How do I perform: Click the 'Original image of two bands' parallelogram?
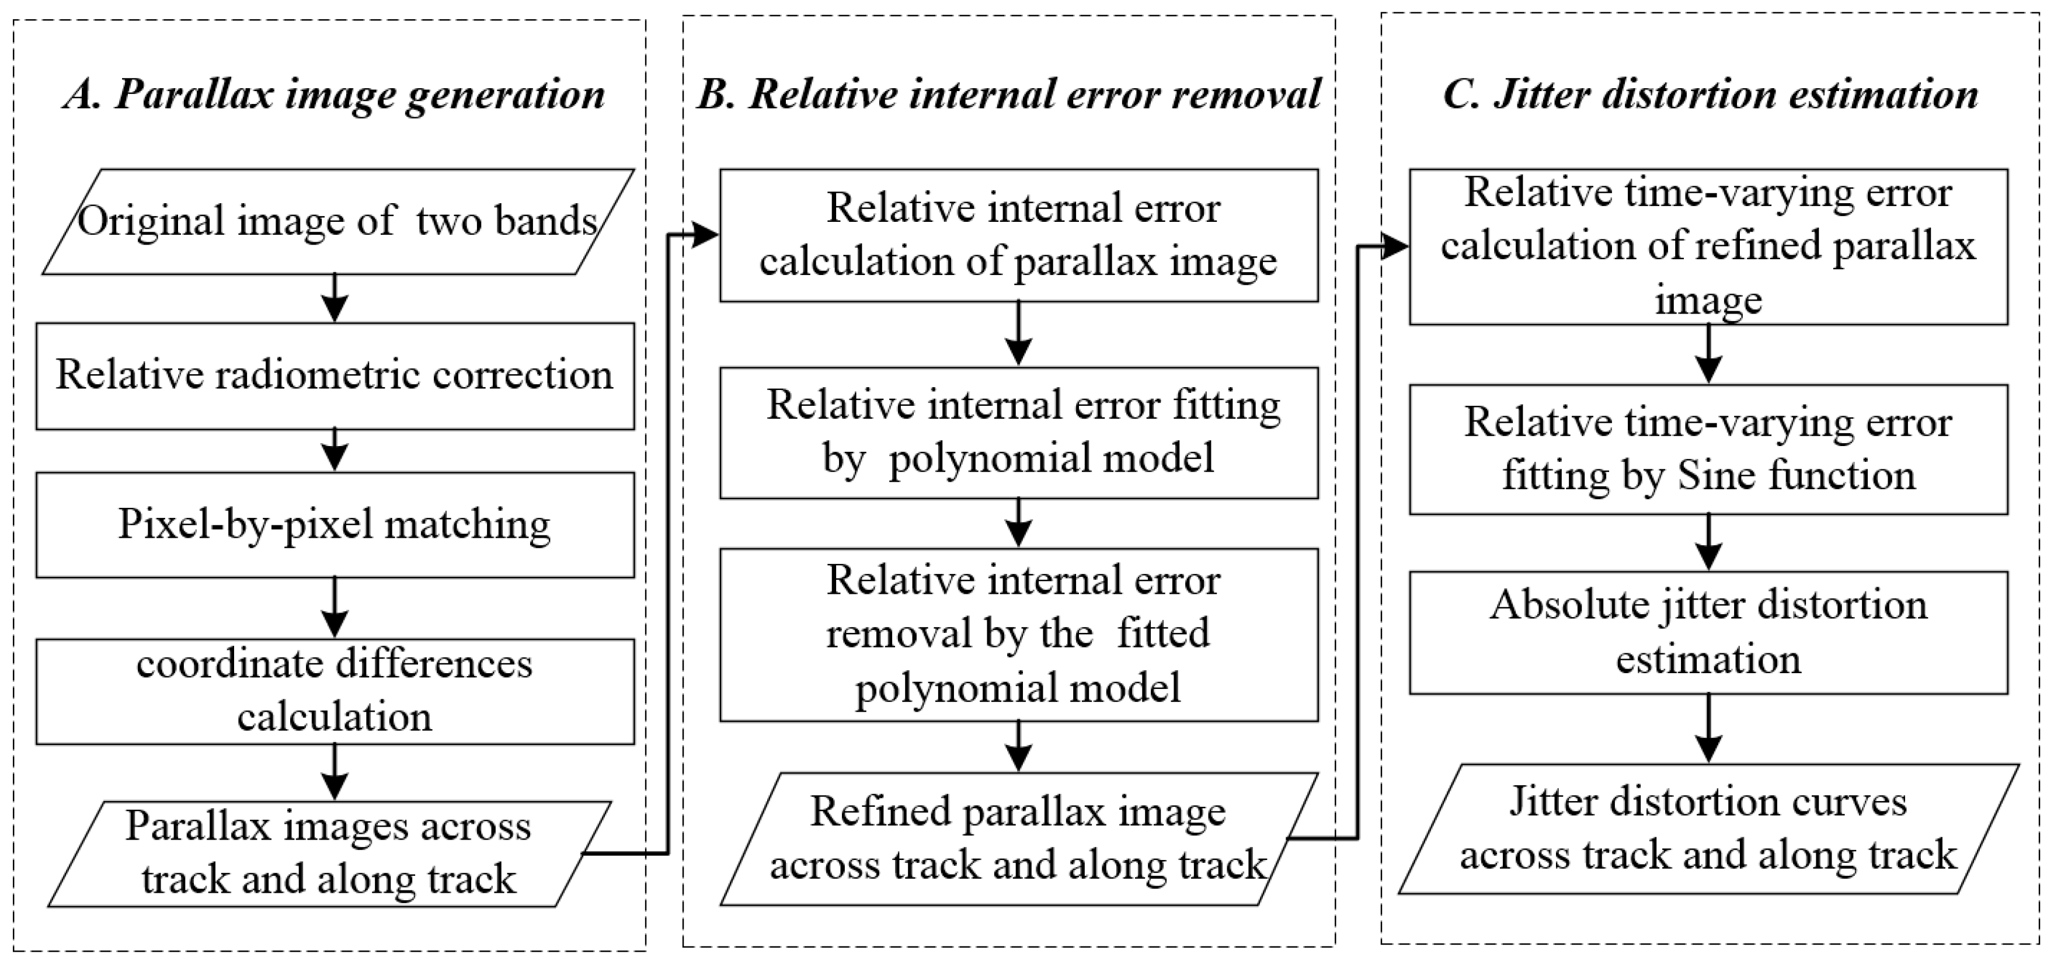click(337, 222)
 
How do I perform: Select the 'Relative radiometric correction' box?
click(335, 375)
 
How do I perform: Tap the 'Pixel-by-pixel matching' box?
click(335, 525)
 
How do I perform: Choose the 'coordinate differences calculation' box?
click(335, 691)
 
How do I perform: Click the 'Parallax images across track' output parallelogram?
click(329, 854)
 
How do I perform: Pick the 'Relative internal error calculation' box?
click(1018, 235)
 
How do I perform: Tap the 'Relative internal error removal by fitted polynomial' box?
click(1018, 635)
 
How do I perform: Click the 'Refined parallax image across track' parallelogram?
click(1018, 839)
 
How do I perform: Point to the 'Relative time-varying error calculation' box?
click(1708, 246)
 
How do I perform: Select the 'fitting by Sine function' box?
click(1708, 449)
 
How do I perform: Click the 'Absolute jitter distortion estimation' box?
click(1708, 632)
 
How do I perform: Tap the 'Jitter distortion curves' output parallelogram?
click(1708, 828)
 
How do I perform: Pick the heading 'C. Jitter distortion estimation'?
click(1710, 94)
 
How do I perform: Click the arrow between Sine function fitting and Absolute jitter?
click(1708, 542)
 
